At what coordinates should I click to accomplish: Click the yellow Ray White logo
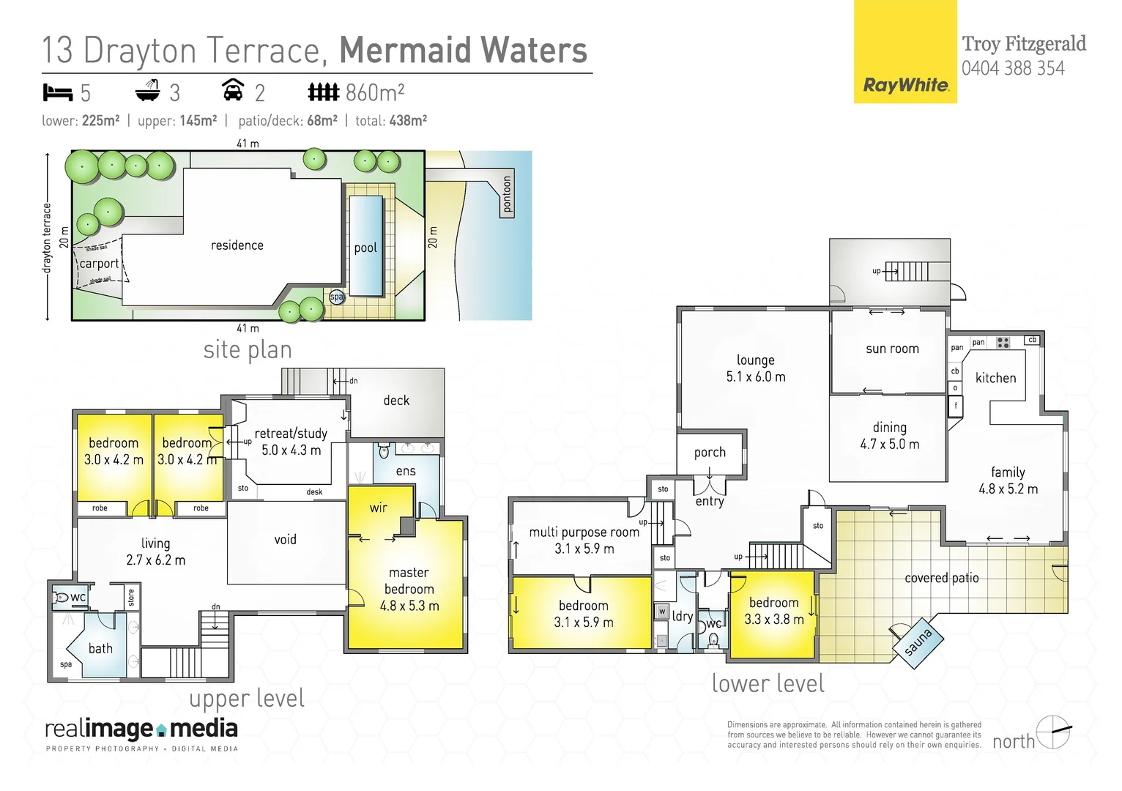pos(905,52)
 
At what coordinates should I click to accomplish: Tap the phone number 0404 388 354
pos(1013,69)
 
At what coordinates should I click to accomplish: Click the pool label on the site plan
pos(365,248)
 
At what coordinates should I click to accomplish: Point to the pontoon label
pos(507,194)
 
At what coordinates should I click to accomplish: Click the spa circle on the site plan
pos(336,297)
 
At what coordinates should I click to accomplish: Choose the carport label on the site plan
pos(99,264)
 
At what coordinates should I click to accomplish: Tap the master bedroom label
pos(409,589)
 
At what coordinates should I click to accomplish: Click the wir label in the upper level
pos(379,508)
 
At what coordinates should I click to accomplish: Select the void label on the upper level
pos(285,540)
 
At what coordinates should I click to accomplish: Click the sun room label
pos(892,349)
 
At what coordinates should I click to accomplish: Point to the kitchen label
pos(995,378)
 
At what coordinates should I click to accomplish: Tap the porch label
pos(710,453)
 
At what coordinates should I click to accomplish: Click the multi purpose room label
pos(584,532)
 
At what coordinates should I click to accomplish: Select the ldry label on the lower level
pos(683,616)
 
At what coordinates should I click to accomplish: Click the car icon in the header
pos(233,90)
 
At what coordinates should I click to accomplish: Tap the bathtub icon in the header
pos(147,91)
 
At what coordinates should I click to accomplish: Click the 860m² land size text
pos(374,92)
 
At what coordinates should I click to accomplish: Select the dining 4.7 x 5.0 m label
pos(889,436)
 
